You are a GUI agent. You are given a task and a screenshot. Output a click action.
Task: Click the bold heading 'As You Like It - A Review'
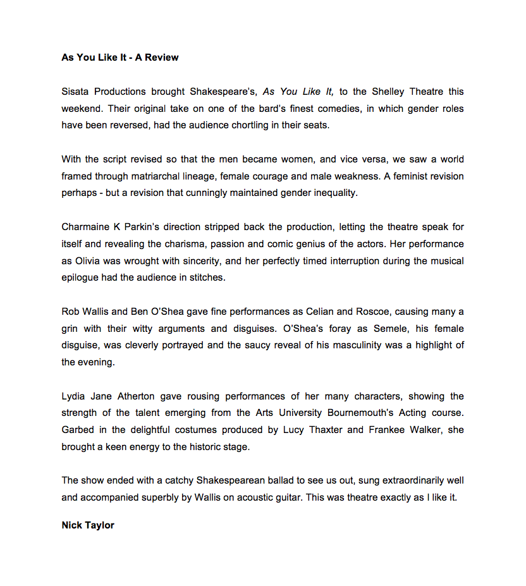120,58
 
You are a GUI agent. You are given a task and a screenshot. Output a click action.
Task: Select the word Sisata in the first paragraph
76,92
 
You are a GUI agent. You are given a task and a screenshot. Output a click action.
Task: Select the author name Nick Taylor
88,525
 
